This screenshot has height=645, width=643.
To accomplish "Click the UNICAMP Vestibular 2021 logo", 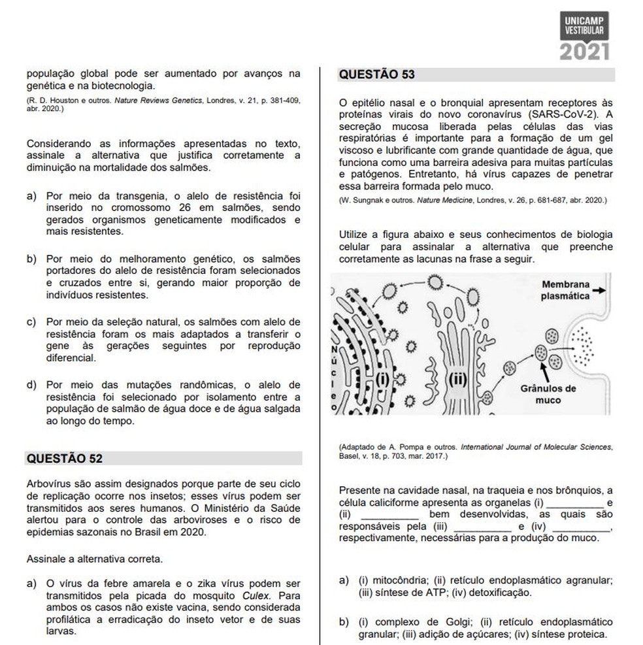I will [584, 35].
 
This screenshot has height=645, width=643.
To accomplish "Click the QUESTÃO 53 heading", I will [377, 74].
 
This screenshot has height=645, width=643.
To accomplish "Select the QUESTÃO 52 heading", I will [64, 459].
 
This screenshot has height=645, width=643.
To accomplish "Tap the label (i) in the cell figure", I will [384, 378].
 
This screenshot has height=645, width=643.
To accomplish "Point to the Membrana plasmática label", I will [565, 290].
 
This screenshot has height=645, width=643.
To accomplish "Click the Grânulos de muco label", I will [548, 394].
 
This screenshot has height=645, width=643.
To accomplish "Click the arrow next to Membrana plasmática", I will [601, 290].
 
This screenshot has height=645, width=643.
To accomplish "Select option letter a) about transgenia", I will [31, 196].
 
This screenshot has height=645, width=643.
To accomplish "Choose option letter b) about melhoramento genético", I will [31, 259].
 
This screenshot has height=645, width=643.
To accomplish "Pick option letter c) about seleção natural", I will [31, 322].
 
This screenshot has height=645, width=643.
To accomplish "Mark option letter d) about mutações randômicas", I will [31, 384].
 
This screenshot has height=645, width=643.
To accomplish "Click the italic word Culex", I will [256, 595].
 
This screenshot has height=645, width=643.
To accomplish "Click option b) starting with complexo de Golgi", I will [344, 622].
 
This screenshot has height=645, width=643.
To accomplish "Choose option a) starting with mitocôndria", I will [344, 580].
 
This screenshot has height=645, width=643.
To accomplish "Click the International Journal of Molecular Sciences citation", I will [537, 447].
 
